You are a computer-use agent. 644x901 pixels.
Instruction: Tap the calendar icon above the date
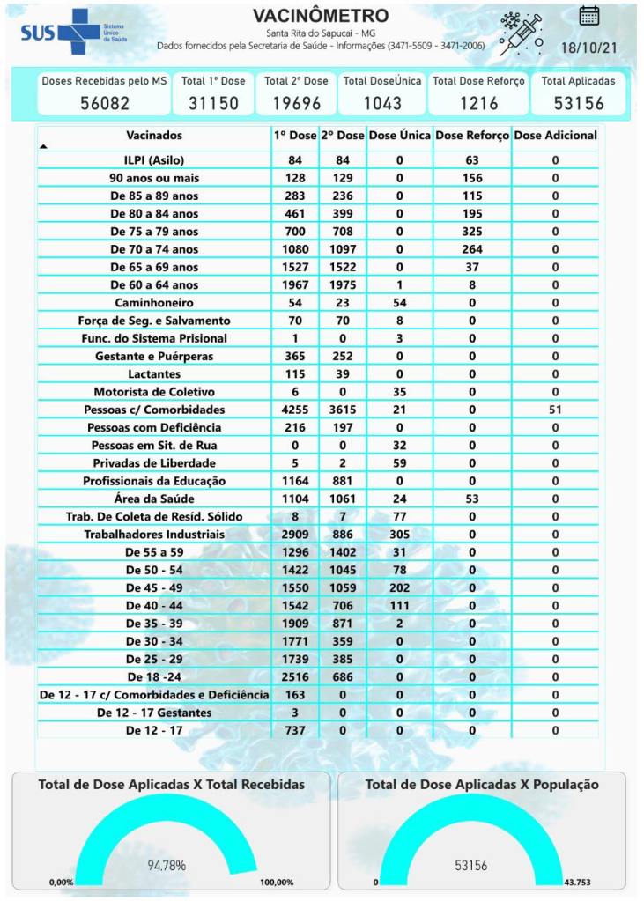click(x=589, y=15)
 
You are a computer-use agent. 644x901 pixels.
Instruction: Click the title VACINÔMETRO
click(x=321, y=17)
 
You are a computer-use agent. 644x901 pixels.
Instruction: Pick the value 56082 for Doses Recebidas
click(x=105, y=102)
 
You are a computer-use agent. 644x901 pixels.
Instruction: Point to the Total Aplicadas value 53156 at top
click(x=578, y=102)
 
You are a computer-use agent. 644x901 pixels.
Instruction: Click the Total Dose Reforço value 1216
click(x=478, y=102)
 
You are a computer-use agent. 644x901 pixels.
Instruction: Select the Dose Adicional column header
click(x=555, y=136)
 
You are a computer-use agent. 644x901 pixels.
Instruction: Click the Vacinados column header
click(x=154, y=136)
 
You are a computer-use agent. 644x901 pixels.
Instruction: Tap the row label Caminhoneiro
click(x=154, y=303)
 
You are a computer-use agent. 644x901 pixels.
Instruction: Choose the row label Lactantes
click(x=154, y=374)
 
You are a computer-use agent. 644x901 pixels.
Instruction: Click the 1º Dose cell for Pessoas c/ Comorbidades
click(x=295, y=410)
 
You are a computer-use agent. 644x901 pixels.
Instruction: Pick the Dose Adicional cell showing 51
click(x=555, y=410)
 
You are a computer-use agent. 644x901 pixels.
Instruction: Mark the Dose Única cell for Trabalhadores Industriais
click(x=399, y=535)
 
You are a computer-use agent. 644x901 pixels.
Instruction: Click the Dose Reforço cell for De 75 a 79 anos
click(x=472, y=232)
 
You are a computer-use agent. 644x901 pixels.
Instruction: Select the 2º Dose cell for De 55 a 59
click(x=343, y=552)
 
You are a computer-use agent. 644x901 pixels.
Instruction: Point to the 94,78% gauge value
click(x=166, y=866)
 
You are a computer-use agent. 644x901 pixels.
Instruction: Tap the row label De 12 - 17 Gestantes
click(x=154, y=713)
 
